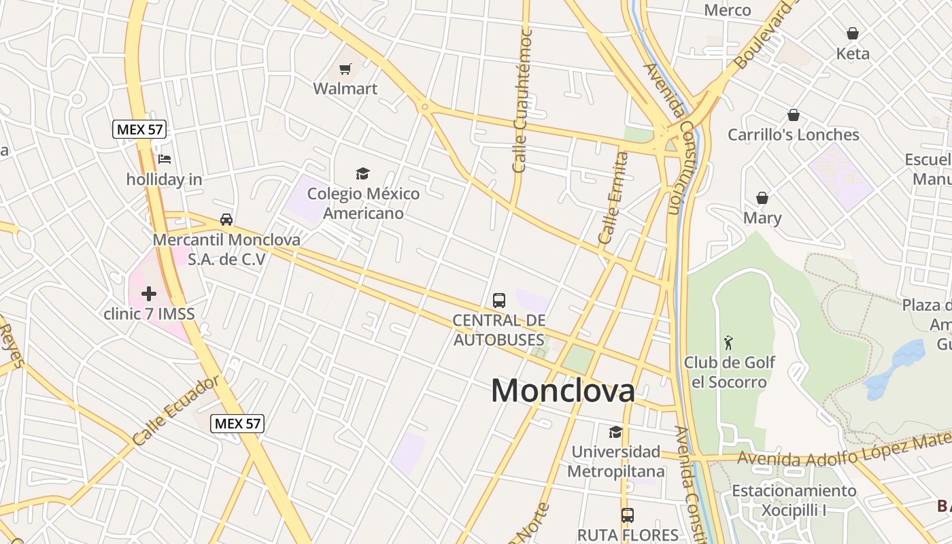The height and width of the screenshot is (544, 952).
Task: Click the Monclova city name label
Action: [563, 390]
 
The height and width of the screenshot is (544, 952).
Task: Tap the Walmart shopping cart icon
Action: [345, 69]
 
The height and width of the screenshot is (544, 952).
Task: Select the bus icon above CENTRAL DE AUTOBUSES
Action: [499, 300]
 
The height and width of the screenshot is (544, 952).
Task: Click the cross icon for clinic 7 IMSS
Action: [149, 294]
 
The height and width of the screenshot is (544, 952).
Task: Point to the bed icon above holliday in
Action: [164, 160]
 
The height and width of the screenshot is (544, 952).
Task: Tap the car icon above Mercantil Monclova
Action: [226, 220]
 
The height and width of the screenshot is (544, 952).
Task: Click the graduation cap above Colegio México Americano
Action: [363, 173]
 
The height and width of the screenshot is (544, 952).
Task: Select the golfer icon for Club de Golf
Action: [729, 342]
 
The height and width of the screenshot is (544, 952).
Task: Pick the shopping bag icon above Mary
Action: [762, 198]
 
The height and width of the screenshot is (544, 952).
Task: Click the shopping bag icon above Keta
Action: [853, 33]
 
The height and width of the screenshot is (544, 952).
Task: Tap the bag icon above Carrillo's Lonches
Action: [793, 115]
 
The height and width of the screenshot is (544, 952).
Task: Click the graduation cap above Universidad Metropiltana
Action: [615, 432]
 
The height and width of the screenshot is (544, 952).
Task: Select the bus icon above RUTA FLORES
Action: [628, 515]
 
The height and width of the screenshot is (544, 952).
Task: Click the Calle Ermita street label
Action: [613, 198]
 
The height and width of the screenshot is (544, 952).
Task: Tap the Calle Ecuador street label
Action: [176, 410]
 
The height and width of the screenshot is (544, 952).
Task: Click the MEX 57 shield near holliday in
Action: [140, 129]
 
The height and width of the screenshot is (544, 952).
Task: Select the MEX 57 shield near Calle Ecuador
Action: [237, 423]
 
